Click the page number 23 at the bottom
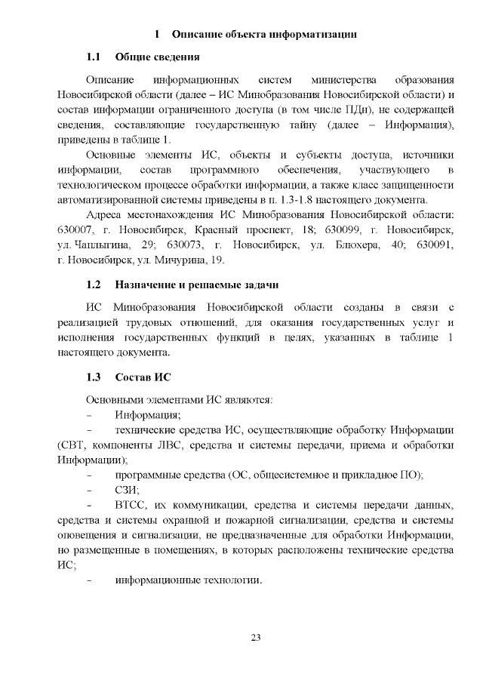point(255,638)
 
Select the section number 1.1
point(94,57)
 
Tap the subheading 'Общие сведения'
point(157,57)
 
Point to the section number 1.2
point(94,285)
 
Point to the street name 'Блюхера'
point(342,245)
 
